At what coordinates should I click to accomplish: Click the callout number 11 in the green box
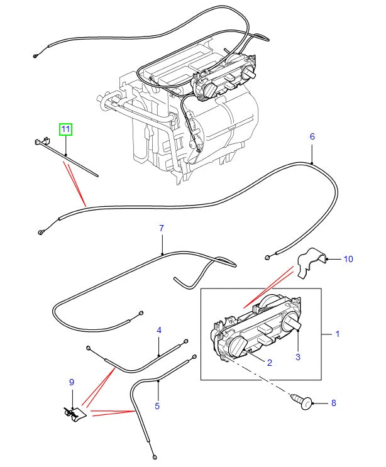(66, 130)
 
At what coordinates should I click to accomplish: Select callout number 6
(312, 136)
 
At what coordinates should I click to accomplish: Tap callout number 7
(161, 228)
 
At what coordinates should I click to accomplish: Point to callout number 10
(349, 258)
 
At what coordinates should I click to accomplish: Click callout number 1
(337, 334)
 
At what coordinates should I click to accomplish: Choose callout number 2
(270, 363)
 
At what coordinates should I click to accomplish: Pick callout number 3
(298, 357)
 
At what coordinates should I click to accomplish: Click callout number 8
(333, 402)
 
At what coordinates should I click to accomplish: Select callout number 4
(159, 330)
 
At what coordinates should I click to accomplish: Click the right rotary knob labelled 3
(291, 324)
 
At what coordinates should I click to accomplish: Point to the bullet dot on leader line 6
(312, 162)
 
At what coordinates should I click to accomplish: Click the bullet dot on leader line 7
(162, 253)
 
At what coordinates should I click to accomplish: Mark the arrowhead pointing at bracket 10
(327, 258)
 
